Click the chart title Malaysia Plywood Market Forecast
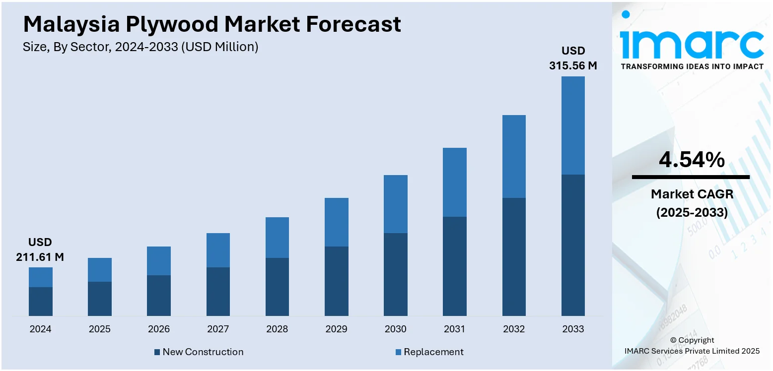tap(212, 24)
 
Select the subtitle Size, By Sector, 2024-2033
tap(141, 47)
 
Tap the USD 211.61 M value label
tap(40, 249)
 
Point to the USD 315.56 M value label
tap(573, 58)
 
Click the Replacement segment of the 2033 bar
tap(573, 125)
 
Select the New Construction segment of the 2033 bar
tap(573, 245)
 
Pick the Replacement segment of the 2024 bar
tap(40, 277)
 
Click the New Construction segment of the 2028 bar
tap(277, 287)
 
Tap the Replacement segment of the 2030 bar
tap(395, 204)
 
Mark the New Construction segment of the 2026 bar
tap(159, 296)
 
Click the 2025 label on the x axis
tap(99, 329)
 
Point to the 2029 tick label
tap(336, 329)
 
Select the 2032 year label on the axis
tap(514, 329)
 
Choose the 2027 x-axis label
tap(218, 329)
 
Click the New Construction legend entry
tap(199, 352)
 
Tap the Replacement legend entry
tap(429, 352)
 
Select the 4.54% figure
tap(692, 160)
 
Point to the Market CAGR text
tap(692, 194)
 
